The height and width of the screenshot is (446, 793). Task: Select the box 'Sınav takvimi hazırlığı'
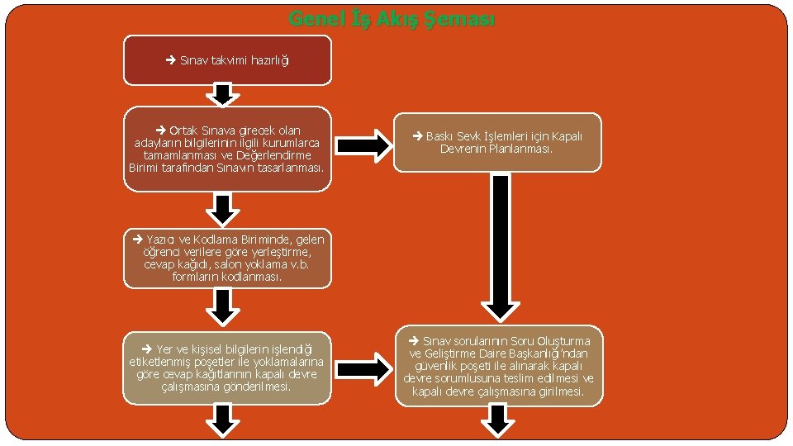pos(227,60)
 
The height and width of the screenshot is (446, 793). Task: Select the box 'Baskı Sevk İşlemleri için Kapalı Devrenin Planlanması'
pos(497,142)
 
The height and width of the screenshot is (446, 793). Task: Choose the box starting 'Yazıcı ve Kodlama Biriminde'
pos(227,258)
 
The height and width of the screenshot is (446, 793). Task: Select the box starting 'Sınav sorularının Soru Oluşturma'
pos(497,366)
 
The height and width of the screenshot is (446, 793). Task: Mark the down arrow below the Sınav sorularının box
pos(497,421)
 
